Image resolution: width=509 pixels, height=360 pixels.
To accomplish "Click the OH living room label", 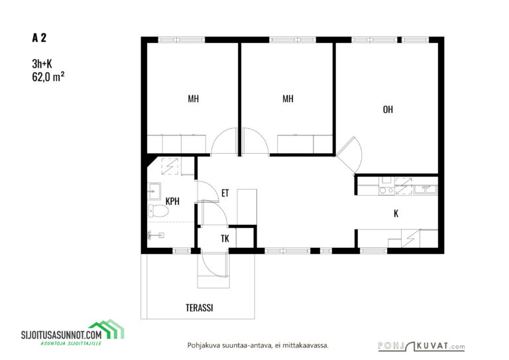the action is coord(388,109).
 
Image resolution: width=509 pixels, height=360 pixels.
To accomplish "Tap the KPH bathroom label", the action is coord(172,202).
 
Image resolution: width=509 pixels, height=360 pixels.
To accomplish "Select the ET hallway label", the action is coord(225,193).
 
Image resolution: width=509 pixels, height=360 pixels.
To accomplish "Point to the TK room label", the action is coord(225,239).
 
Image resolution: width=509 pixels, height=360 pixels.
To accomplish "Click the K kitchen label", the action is coord(396,213).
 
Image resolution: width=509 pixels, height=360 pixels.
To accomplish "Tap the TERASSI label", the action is coord(199,308).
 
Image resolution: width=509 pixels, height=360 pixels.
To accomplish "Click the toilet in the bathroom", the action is coord(158,211).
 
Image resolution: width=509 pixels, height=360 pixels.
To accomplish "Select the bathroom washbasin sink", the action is coord(154,191).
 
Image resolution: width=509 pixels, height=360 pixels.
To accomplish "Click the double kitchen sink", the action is coord(425,189).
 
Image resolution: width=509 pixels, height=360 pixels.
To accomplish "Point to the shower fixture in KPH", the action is coord(156,235).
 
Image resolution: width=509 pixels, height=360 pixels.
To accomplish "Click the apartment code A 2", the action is coord(39,38).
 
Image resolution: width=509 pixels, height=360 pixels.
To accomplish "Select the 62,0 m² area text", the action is coord(48,77).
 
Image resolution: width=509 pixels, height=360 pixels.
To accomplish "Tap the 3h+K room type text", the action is coord(42,64).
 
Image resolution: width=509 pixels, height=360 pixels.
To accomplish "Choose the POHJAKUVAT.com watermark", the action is coord(422,346).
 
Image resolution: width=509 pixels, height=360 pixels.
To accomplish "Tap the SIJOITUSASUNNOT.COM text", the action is coord(62,335).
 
